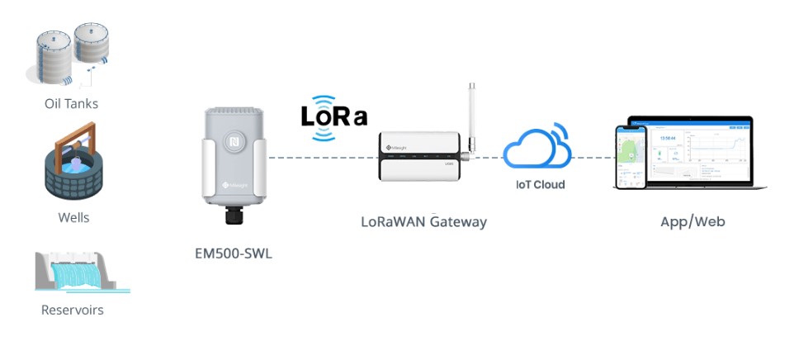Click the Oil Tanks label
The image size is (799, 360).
(71, 104)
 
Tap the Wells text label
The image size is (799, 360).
(73, 218)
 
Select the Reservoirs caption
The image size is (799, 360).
(73, 310)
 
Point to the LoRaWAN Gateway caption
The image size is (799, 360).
(423, 222)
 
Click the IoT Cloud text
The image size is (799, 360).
(540, 184)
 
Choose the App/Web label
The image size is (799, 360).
(693, 221)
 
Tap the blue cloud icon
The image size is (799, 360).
(537, 149)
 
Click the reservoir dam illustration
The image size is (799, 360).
(80, 272)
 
